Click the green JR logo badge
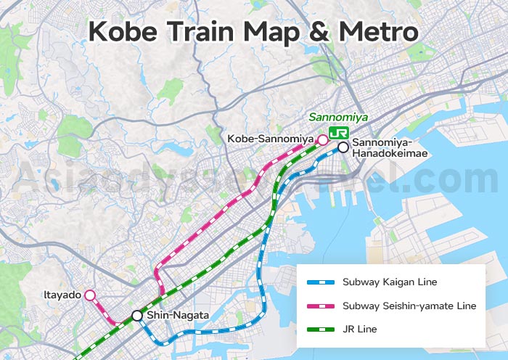pyautogui.click(x=337, y=133)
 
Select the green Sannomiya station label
pyautogui.click(x=338, y=117)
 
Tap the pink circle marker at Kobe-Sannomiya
pyautogui.click(x=322, y=139)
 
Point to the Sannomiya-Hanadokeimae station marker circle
pyautogui.click(x=343, y=146)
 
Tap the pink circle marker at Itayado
pyautogui.click(x=90, y=295)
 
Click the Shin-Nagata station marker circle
pyautogui.click(x=136, y=315)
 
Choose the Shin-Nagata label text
pyautogui.click(x=178, y=315)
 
